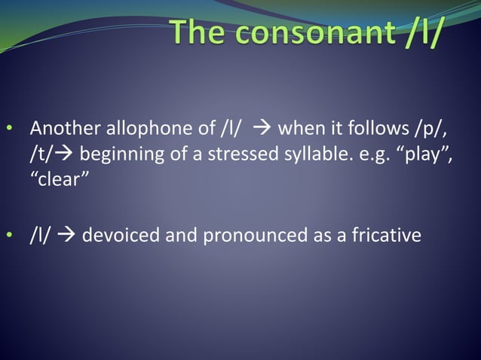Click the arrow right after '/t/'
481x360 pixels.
point(64,156)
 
